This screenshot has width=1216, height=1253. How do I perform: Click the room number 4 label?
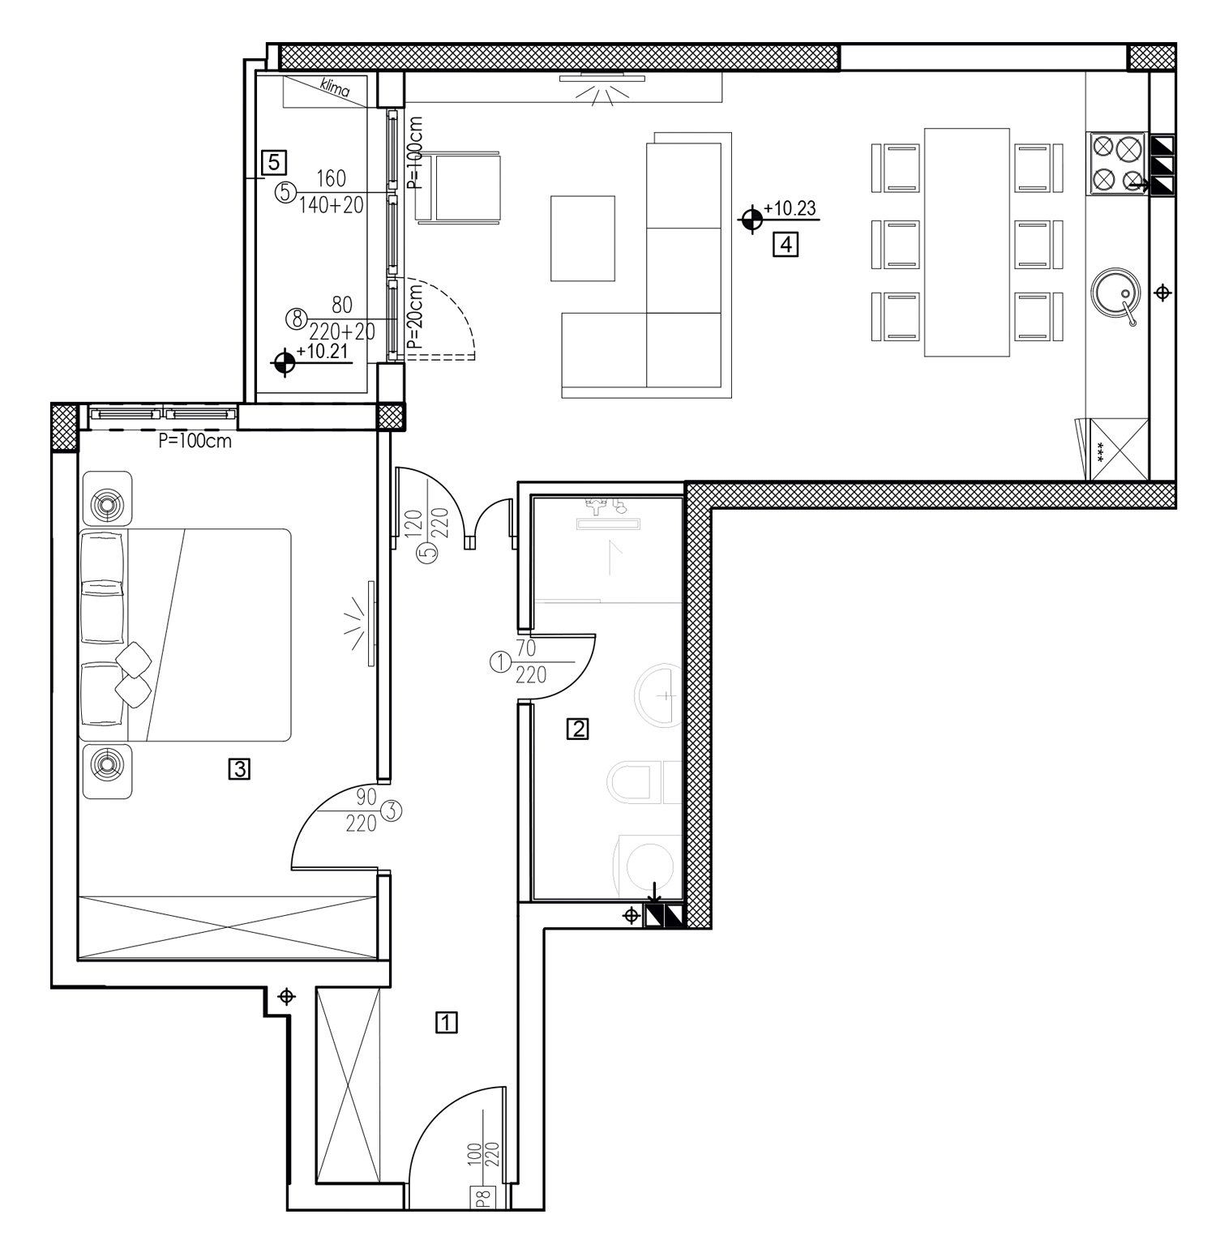coord(786,244)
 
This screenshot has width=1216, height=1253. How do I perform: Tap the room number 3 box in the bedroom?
coord(239,768)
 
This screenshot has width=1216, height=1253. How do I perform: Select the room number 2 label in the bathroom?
coord(578,729)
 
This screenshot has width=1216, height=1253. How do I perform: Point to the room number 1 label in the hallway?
coord(447,1022)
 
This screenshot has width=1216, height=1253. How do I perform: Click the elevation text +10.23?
coord(789,208)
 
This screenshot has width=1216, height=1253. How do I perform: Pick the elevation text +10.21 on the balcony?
coord(323,352)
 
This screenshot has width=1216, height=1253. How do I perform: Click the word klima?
coord(335,87)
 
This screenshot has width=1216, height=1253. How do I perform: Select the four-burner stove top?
coord(1118,164)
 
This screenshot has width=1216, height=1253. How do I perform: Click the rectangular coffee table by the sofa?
coord(582,237)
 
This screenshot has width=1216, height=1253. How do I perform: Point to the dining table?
coord(967,242)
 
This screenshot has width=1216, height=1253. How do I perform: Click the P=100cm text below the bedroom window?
coord(195,442)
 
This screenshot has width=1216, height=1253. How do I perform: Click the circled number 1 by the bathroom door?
coord(499,663)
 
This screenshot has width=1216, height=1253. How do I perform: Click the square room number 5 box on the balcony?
coord(273,162)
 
